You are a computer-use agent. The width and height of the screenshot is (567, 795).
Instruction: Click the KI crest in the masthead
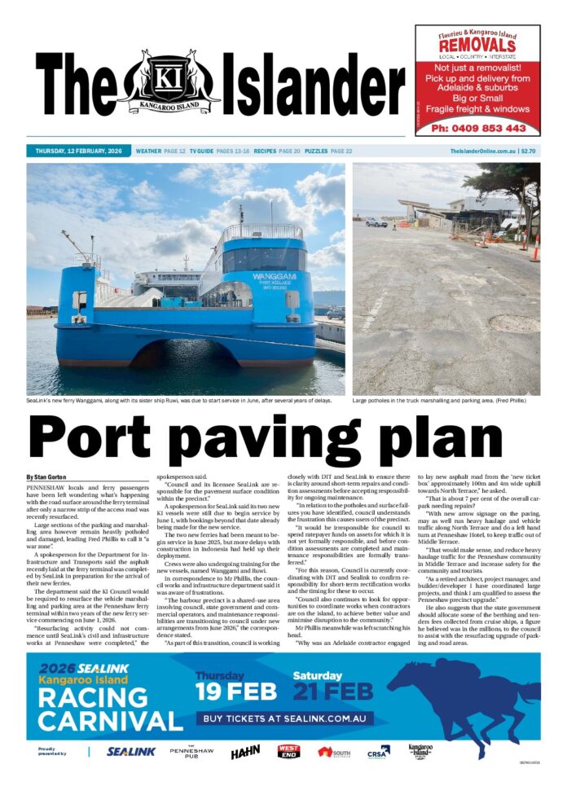pyautogui.click(x=168, y=81)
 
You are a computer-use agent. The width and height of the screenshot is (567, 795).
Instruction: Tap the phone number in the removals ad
pyautogui.click(x=478, y=128)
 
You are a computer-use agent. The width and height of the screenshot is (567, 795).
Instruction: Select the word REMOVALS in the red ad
pyautogui.click(x=477, y=46)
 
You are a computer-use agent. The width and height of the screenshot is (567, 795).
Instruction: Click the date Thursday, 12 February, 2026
pyautogui.click(x=78, y=152)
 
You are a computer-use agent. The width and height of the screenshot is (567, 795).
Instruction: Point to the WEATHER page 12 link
pyautogui.click(x=160, y=152)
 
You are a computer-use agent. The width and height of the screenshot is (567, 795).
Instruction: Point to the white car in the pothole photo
pyautogui.click(x=376, y=222)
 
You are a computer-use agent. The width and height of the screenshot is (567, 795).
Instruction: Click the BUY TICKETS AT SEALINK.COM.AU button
pyautogui.click(x=283, y=719)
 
